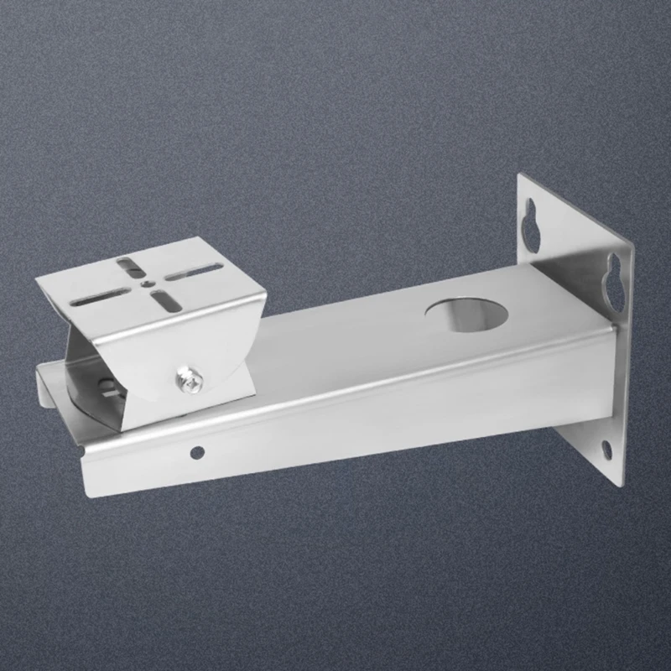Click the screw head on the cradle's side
190,379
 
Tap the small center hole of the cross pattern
148,286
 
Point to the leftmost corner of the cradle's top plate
35,278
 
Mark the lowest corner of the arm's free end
86,492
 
